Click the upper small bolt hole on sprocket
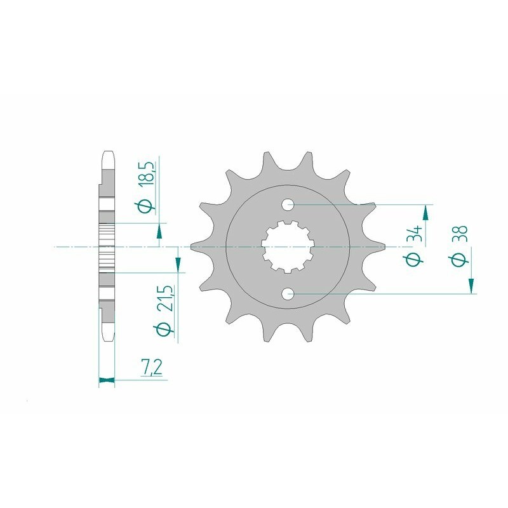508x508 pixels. click(x=288, y=204)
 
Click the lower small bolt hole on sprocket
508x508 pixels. click(x=288, y=293)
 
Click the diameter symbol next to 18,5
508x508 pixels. click(x=146, y=206)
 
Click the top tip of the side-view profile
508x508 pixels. click(x=107, y=152)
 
